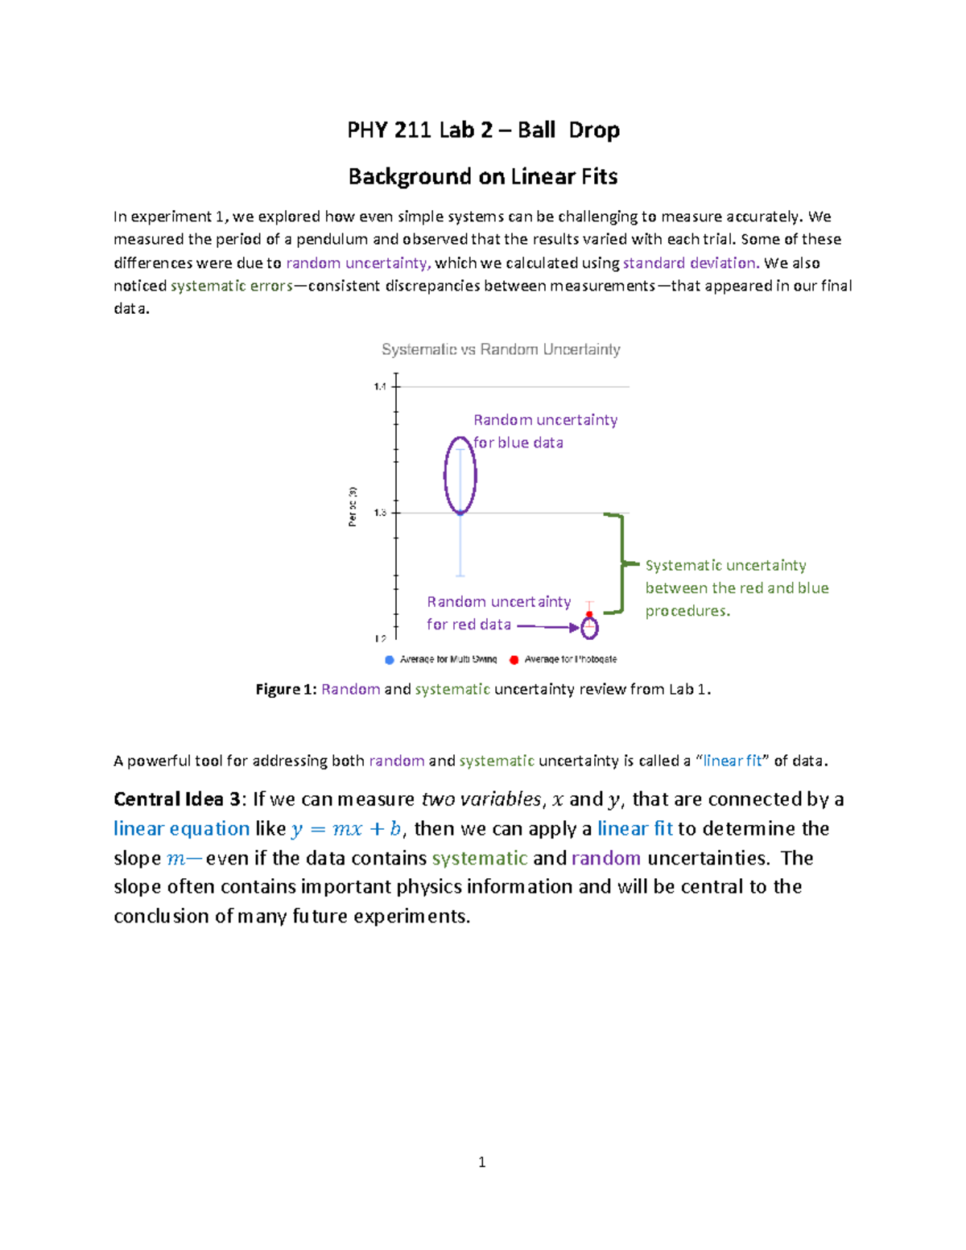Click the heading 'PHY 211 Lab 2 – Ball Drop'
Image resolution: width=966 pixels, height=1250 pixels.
point(483,130)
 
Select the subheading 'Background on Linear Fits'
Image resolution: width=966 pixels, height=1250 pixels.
point(483,177)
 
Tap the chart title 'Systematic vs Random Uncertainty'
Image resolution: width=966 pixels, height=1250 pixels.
point(501,349)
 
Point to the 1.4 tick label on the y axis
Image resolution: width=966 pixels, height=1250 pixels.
point(380,387)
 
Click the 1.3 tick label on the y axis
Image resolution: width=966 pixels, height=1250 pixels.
point(380,513)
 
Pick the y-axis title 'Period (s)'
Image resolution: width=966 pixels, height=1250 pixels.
point(353,506)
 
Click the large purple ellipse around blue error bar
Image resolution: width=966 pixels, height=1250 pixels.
point(460,475)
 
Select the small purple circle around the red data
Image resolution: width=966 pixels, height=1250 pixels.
point(590,627)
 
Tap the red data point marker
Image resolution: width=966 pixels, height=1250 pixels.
point(589,615)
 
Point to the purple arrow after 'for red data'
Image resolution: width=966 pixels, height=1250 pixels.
point(547,625)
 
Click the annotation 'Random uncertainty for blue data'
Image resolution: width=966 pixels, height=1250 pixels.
point(545,431)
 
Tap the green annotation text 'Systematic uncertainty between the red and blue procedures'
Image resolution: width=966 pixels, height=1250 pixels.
point(737,588)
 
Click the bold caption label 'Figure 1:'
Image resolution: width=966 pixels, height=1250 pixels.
point(286,690)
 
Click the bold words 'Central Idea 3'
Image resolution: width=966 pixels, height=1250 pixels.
point(176,799)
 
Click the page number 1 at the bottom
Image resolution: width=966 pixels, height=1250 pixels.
point(481,1161)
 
